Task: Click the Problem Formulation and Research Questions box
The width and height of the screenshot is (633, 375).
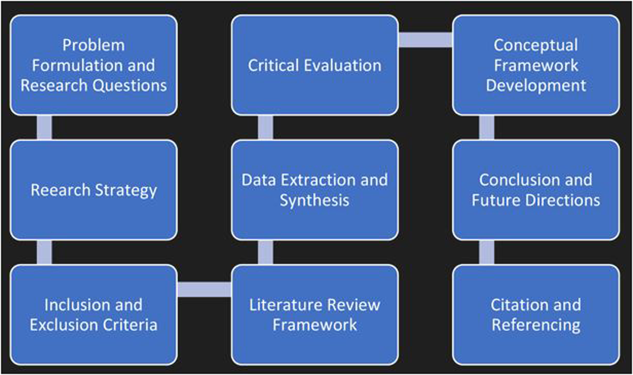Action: (94, 65)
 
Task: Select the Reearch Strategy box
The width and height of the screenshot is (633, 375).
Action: (94, 190)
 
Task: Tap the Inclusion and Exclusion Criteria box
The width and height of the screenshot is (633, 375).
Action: (94, 315)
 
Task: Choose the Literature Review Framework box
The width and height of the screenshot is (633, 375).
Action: (315, 315)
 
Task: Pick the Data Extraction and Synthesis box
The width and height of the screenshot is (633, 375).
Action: (315, 190)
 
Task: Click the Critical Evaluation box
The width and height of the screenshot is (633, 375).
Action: (315, 65)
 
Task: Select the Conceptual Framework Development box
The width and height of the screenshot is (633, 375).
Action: (536, 65)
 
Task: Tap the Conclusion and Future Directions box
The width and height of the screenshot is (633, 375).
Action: (536, 190)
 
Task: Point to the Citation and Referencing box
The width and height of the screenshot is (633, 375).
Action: (536, 315)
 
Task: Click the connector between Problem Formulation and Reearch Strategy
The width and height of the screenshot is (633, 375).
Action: (45, 127)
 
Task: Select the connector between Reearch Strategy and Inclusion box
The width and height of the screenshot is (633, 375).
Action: (45, 252)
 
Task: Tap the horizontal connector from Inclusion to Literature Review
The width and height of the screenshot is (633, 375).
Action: (204, 290)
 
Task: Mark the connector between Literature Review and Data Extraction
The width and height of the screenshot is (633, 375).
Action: (265, 252)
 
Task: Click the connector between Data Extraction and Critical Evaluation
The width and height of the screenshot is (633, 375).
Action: (265, 127)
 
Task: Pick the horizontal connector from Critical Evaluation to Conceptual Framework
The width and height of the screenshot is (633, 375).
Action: (425, 40)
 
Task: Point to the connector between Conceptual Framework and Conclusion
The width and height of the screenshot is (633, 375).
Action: (487, 127)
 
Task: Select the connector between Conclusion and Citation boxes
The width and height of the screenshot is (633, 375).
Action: (487, 252)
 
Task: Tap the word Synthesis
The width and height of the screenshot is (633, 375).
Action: (315, 200)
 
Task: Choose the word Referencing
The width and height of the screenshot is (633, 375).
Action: (536, 325)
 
